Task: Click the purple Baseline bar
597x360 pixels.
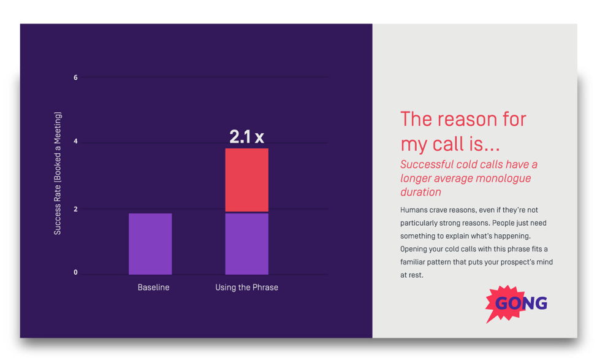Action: coord(150,243)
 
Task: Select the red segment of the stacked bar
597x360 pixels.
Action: coord(246,180)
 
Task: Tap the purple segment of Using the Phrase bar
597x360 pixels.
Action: coord(246,243)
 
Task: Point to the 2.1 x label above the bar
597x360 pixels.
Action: coord(246,137)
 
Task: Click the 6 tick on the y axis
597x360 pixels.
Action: coord(76,78)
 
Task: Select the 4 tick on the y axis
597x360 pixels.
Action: coord(76,142)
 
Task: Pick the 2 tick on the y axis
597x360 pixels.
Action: coord(76,209)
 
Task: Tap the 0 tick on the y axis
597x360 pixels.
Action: coord(76,272)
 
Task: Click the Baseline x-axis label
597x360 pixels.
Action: coord(153,287)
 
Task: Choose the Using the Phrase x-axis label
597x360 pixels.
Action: coord(246,287)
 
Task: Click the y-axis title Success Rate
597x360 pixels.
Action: coord(58,173)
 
